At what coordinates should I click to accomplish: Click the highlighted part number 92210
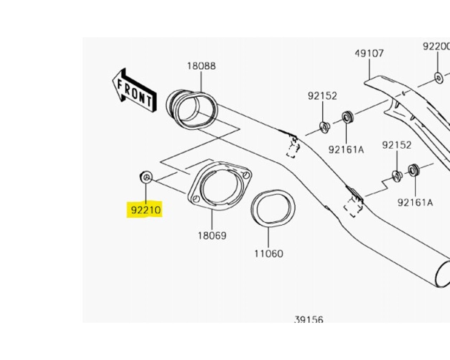(146, 210)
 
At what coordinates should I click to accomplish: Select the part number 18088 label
(201, 66)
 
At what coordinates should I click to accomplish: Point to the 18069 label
(212, 236)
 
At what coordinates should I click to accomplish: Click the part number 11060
(269, 253)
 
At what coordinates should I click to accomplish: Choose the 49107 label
(369, 53)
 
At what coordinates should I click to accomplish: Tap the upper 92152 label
(322, 96)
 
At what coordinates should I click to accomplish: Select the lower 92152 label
(397, 145)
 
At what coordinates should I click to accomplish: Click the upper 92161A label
(346, 150)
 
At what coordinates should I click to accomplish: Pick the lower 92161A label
(415, 202)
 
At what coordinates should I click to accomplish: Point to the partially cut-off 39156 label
(308, 319)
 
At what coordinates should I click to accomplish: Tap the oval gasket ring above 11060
(273, 208)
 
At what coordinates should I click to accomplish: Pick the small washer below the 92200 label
(438, 78)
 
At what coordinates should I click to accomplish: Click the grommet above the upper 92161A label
(347, 117)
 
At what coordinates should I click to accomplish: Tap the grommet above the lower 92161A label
(414, 170)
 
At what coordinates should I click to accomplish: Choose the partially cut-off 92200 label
(436, 46)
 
